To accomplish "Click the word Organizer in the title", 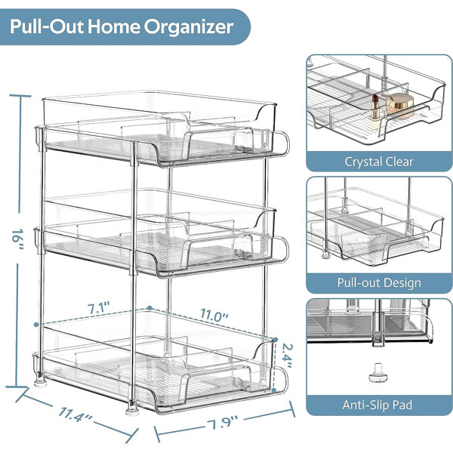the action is pyautogui.click(x=189, y=27).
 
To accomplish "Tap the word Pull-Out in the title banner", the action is pyautogui.click(x=47, y=26).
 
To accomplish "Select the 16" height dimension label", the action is pyautogui.click(x=18, y=239).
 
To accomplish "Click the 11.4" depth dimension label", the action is pyautogui.click(x=75, y=415).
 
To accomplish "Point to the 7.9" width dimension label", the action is pyautogui.click(x=222, y=424).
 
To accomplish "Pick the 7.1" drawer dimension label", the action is pyautogui.click(x=99, y=308).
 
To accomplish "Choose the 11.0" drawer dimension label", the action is pyautogui.click(x=214, y=314).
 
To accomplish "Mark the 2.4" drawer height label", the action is pyautogui.click(x=286, y=356).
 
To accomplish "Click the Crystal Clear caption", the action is pyautogui.click(x=379, y=162).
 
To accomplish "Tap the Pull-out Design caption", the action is pyautogui.click(x=379, y=282).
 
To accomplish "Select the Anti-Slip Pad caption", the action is pyautogui.click(x=377, y=405).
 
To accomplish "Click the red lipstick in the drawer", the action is pyautogui.click(x=375, y=106).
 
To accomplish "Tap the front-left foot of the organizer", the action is pyautogui.click(x=132, y=408).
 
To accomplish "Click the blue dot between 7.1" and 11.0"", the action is pyautogui.click(x=149, y=308).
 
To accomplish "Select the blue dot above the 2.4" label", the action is pyautogui.click(x=276, y=340).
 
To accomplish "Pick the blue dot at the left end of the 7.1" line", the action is pyautogui.click(x=36, y=325).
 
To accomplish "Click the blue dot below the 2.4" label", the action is pyautogui.click(x=274, y=390).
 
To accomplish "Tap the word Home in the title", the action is pyautogui.click(x=113, y=26).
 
